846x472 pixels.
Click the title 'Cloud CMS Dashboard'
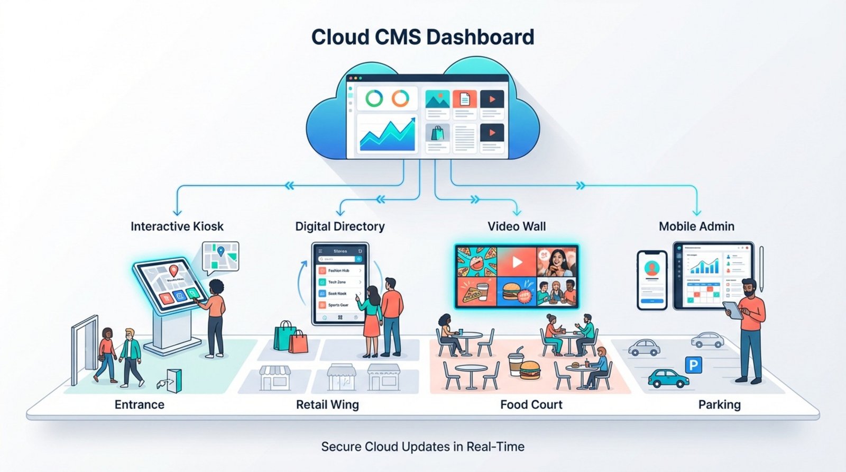(422, 38)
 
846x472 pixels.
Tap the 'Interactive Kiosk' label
(177, 226)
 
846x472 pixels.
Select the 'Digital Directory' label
(339, 226)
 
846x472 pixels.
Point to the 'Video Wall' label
(517, 226)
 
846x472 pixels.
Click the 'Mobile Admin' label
(696, 226)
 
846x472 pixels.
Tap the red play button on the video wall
(517, 262)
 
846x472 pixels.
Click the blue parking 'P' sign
(693, 365)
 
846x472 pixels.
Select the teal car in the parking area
(668, 378)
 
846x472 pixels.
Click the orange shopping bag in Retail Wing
(299, 342)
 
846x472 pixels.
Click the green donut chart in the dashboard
(374, 98)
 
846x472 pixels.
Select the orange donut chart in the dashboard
(400, 98)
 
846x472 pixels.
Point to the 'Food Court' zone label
(531, 405)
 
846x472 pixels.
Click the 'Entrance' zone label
(140, 405)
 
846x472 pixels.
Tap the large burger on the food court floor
(529, 369)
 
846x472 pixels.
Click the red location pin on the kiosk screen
(173, 271)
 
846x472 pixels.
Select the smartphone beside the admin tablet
(652, 280)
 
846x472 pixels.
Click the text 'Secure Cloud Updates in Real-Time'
(422, 447)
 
